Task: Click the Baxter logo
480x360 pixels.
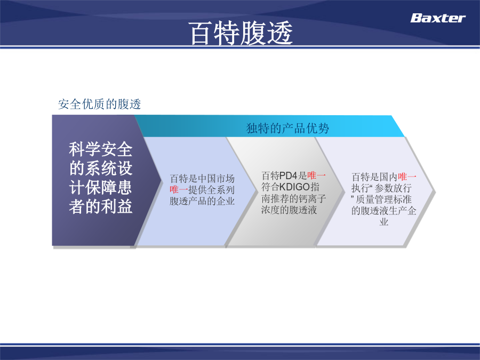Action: (x=438, y=18)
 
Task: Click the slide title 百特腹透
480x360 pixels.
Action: (x=241, y=33)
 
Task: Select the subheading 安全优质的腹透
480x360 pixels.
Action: (x=100, y=104)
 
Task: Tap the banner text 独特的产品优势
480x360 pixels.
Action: (x=287, y=128)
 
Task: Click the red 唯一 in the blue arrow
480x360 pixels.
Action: (x=179, y=190)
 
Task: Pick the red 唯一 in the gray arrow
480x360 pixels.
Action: (x=316, y=175)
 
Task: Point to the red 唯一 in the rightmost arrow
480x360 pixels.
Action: (x=407, y=177)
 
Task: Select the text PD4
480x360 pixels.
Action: (x=289, y=175)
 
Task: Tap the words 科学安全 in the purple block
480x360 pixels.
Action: (x=100, y=149)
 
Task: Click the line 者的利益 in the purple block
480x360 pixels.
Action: (x=100, y=206)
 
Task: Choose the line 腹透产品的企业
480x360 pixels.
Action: (x=202, y=201)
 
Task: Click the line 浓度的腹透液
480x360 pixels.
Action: (x=289, y=210)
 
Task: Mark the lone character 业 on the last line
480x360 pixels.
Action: (x=384, y=222)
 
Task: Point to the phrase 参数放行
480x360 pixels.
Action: (x=393, y=188)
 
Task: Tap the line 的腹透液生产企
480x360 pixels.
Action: (x=384, y=211)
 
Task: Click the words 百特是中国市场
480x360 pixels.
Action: (x=202, y=179)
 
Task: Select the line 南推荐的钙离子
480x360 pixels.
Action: (x=293, y=198)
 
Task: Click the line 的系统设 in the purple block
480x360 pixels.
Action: (x=100, y=169)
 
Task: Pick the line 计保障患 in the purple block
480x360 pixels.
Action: (x=100, y=187)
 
